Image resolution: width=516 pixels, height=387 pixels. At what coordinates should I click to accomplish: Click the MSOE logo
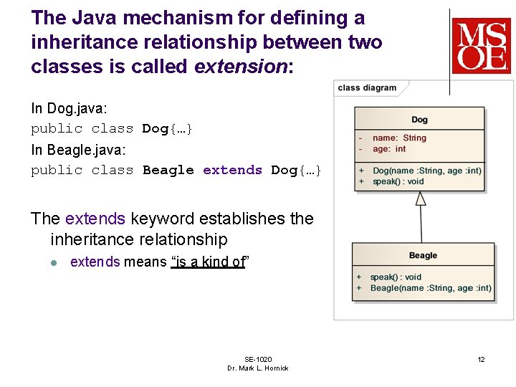[x=481, y=47]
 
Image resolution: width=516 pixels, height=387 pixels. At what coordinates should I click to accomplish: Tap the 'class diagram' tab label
[x=367, y=88]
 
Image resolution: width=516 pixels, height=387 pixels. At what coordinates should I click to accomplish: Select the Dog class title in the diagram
[x=419, y=120]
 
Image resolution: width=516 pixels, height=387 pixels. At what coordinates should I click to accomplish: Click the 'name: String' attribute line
[x=399, y=138]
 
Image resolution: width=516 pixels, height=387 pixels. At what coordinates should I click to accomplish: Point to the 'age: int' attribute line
[x=389, y=149]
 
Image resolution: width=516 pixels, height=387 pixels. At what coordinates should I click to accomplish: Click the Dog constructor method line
[x=426, y=171]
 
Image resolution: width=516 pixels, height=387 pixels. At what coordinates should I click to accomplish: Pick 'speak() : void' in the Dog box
[x=398, y=181]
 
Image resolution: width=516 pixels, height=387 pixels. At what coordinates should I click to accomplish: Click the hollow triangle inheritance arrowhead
[x=421, y=198]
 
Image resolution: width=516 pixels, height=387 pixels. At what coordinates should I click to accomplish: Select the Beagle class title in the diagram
[x=423, y=256]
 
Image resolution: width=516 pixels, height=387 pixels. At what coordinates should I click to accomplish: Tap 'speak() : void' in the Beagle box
[x=396, y=277]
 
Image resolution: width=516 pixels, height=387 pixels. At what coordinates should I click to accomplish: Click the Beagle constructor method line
[x=431, y=288]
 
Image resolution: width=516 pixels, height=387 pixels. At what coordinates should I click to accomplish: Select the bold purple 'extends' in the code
[x=232, y=170]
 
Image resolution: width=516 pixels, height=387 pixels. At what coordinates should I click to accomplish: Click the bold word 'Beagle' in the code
[x=168, y=170]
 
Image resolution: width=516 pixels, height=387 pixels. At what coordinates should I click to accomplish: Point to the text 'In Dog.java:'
[x=69, y=108]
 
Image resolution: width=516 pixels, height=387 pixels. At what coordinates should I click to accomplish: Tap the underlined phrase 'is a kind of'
[x=209, y=262]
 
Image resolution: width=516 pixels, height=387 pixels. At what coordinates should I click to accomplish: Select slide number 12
[x=482, y=359]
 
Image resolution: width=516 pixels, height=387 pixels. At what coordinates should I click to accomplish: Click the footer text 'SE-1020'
[x=258, y=359]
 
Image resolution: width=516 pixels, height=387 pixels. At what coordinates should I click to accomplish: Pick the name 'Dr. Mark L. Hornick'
[x=258, y=368]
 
